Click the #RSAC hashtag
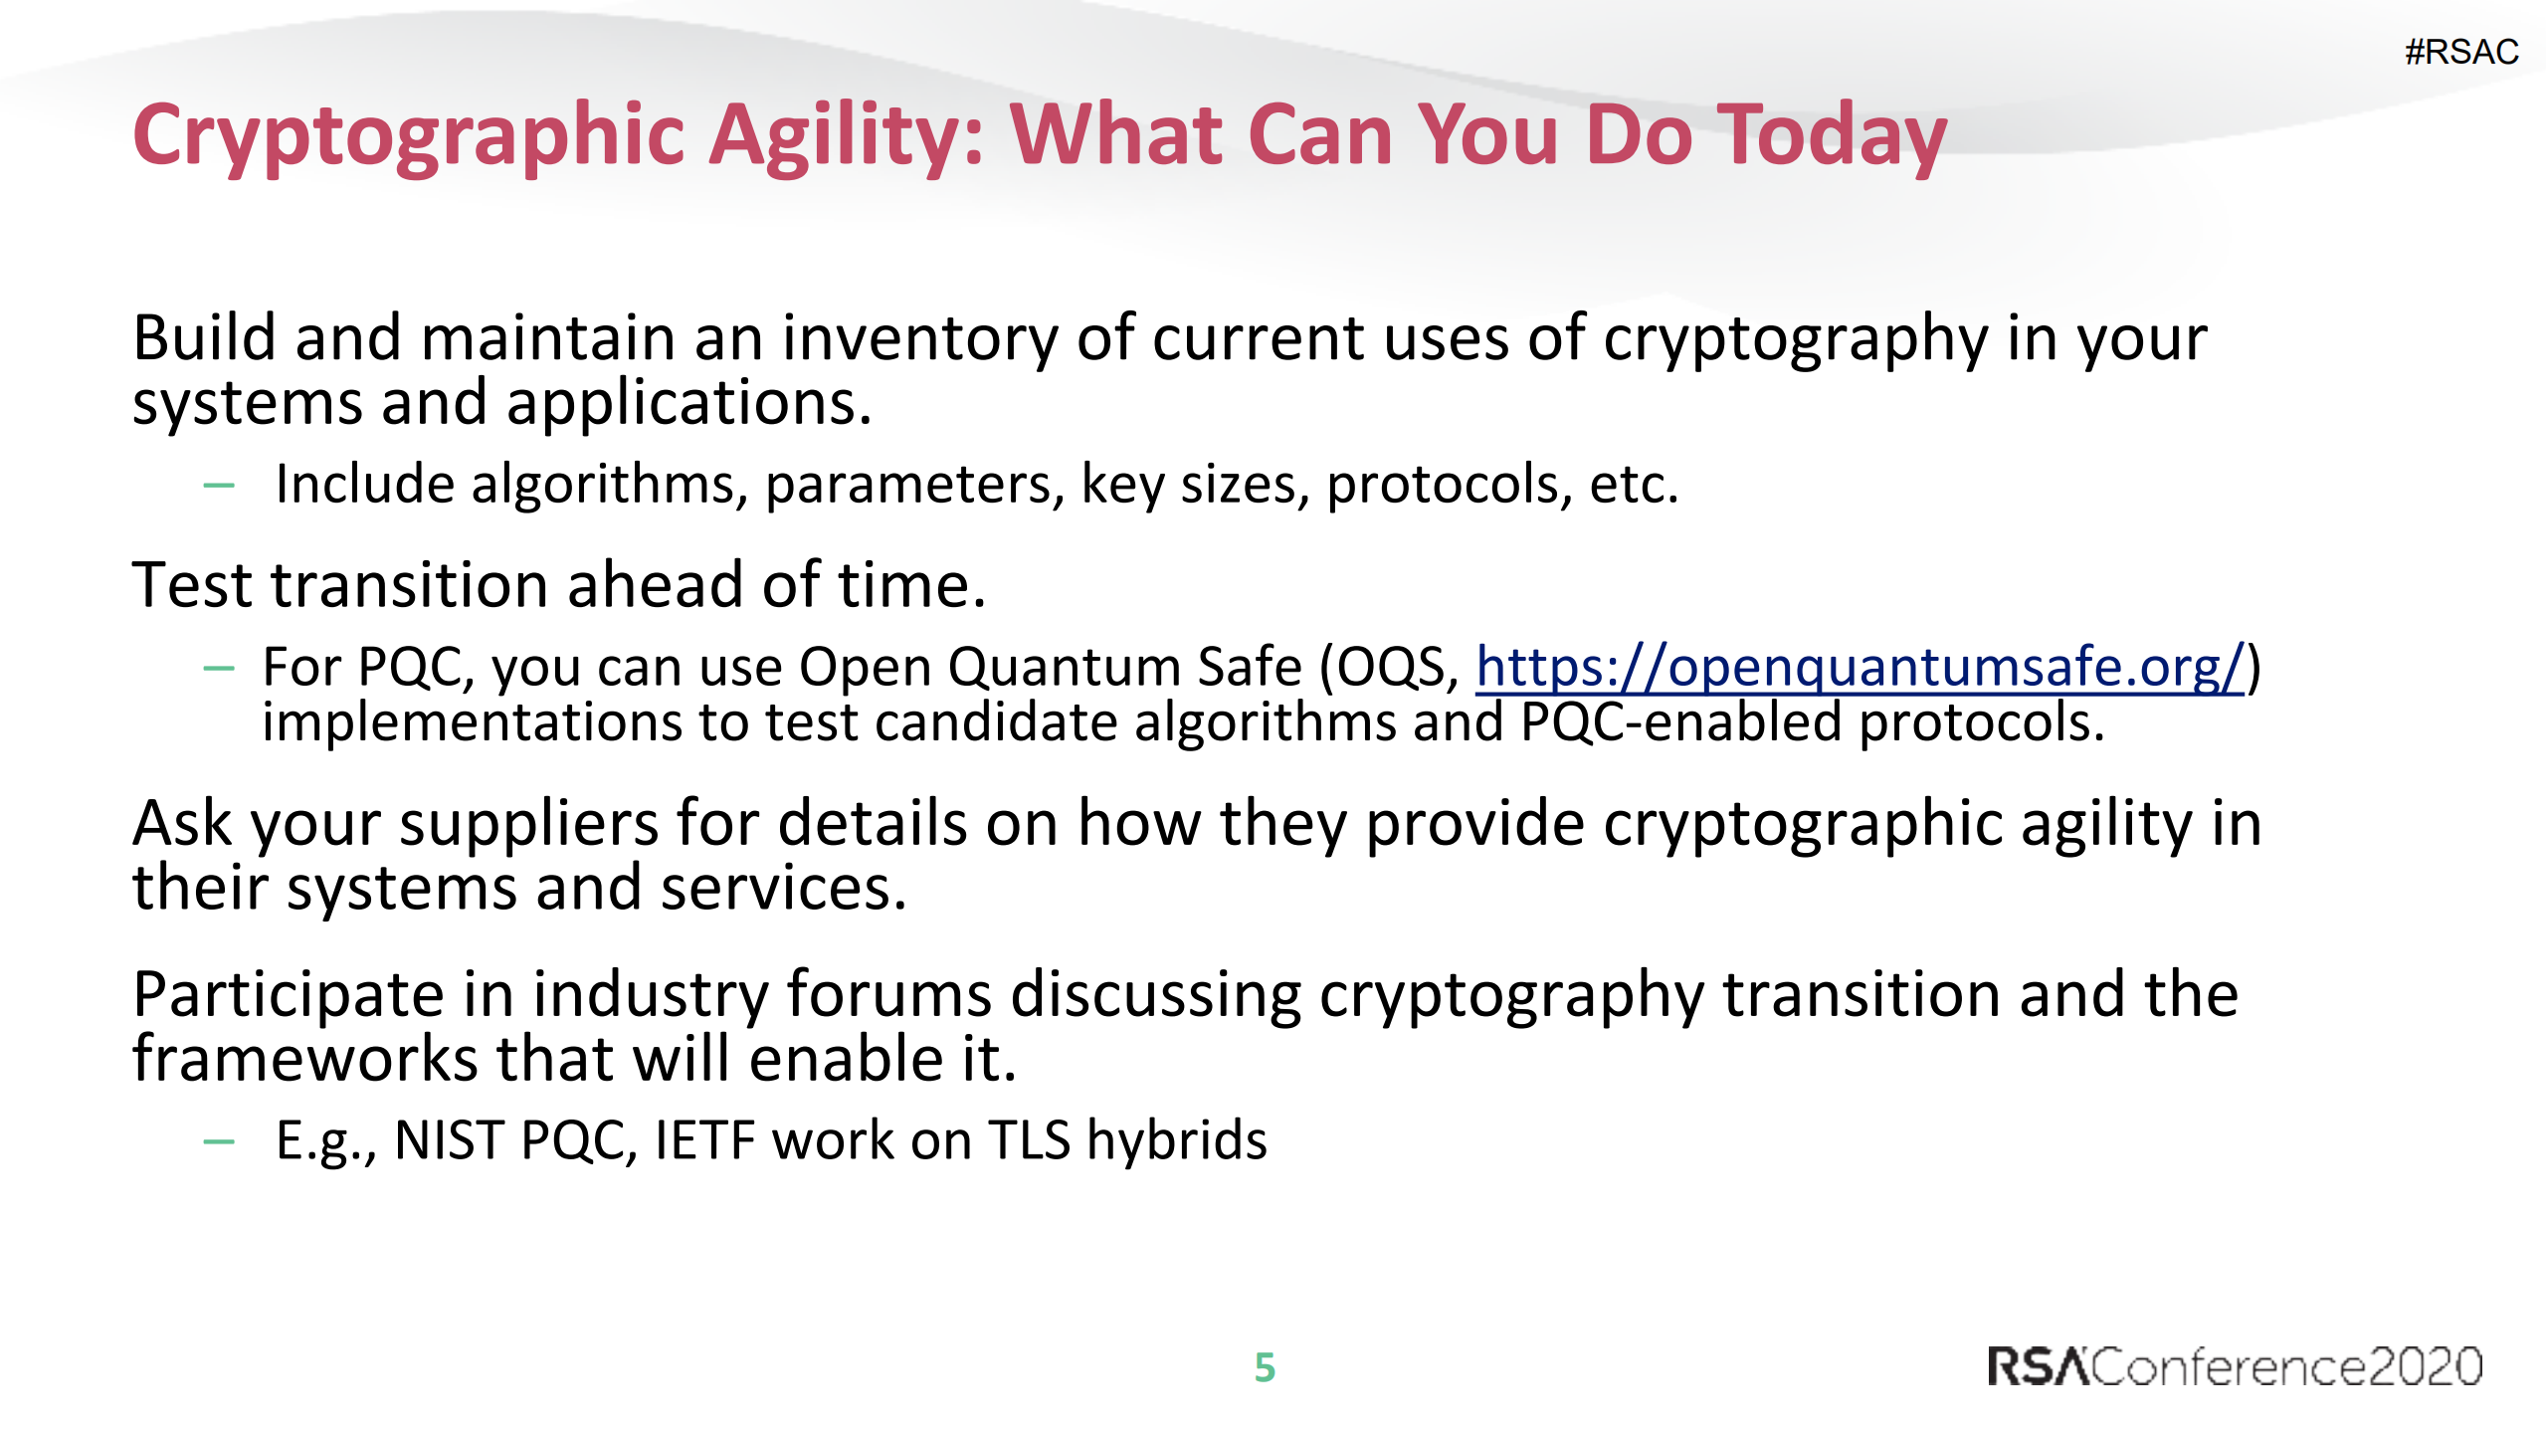[x=2460, y=52]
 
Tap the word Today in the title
[x=1832, y=137]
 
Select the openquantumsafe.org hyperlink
[x=1859, y=667]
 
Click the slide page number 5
[x=1265, y=1367]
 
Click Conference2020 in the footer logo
[x=2286, y=1366]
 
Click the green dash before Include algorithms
[x=218, y=486]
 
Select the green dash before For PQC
[x=218, y=668]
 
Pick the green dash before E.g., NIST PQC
[x=218, y=1141]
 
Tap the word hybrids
[x=1176, y=1140]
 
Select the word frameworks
[x=304, y=1059]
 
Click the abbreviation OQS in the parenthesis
[x=1389, y=667]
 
